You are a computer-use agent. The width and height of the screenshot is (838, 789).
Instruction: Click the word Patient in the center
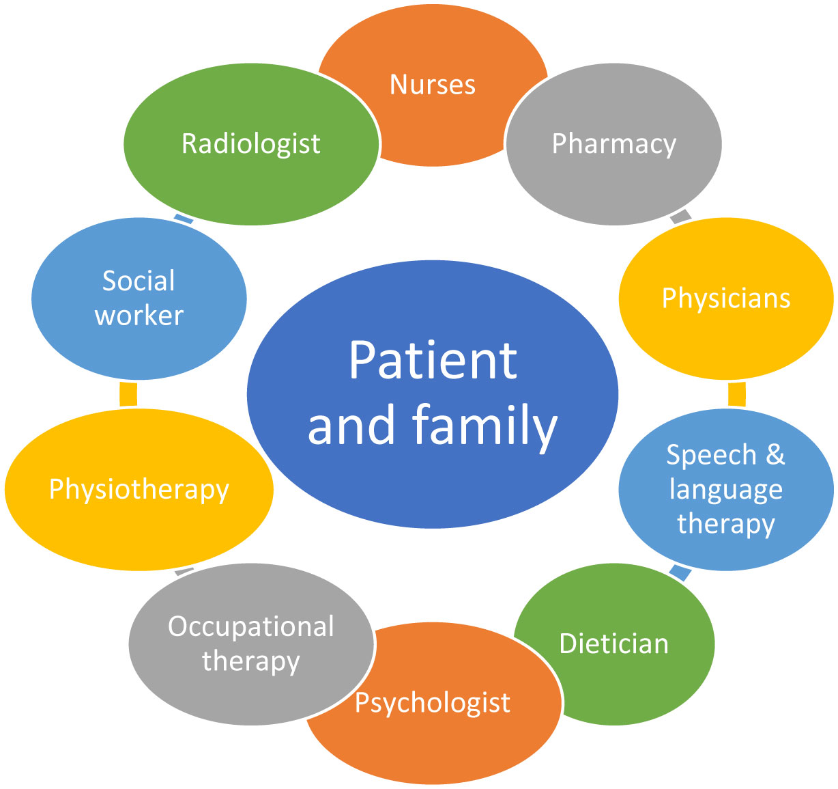(x=433, y=361)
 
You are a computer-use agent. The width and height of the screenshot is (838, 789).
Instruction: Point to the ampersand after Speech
(x=775, y=455)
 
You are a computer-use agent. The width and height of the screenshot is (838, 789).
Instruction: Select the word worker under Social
(x=139, y=316)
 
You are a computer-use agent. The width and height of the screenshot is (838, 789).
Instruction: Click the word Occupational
(x=251, y=626)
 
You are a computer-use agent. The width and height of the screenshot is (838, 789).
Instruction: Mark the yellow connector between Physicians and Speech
(x=736, y=394)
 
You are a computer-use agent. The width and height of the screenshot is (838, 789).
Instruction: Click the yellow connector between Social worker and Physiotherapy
(x=128, y=394)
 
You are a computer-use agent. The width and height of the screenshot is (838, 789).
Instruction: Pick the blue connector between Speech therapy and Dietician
(x=680, y=572)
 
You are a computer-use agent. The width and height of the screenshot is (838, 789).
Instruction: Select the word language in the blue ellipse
(x=726, y=489)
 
